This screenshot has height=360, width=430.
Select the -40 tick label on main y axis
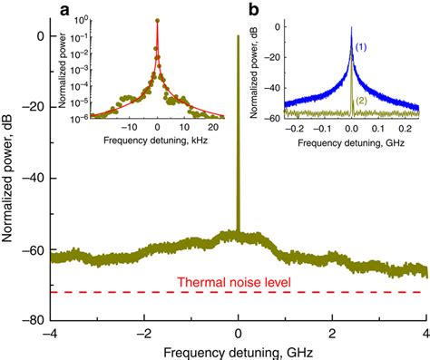[32, 179]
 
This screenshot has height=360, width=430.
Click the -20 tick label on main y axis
[32, 107]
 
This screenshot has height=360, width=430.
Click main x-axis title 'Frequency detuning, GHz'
[239, 350]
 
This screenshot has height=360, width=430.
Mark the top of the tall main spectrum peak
[238, 37]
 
